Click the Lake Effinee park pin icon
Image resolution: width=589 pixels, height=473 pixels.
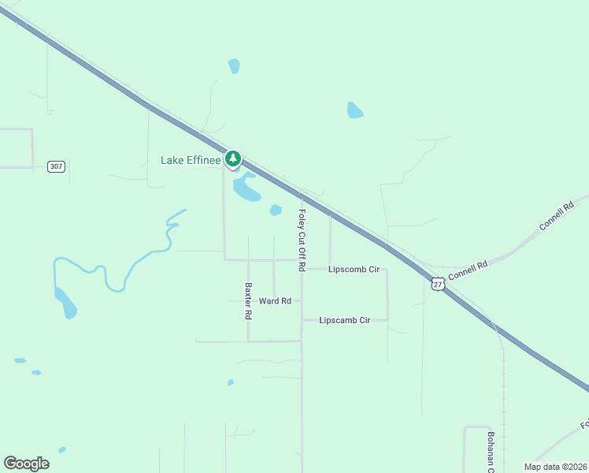(232, 159)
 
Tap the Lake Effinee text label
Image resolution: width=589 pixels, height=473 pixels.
(190, 160)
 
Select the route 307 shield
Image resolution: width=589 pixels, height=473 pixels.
(56, 166)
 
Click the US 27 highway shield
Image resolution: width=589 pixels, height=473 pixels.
(439, 283)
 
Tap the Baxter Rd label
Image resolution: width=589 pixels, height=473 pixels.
(248, 300)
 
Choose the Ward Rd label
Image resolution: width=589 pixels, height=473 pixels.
(275, 301)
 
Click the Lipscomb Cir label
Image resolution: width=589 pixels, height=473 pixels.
(354, 270)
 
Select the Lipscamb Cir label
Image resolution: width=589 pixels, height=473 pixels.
(345, 320)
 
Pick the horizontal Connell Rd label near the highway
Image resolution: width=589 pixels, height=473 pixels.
(468, 270)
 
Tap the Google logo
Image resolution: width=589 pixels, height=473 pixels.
(26, 464)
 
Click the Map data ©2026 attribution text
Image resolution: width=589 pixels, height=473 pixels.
(554, 467)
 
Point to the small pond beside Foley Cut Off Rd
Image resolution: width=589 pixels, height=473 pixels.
(276, 210)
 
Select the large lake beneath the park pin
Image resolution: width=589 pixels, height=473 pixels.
(246, 188)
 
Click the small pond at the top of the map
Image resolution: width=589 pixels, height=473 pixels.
(234, 66)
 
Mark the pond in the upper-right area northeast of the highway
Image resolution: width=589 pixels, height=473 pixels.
(355, 110)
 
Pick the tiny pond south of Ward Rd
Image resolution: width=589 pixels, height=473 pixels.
(231, 382)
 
